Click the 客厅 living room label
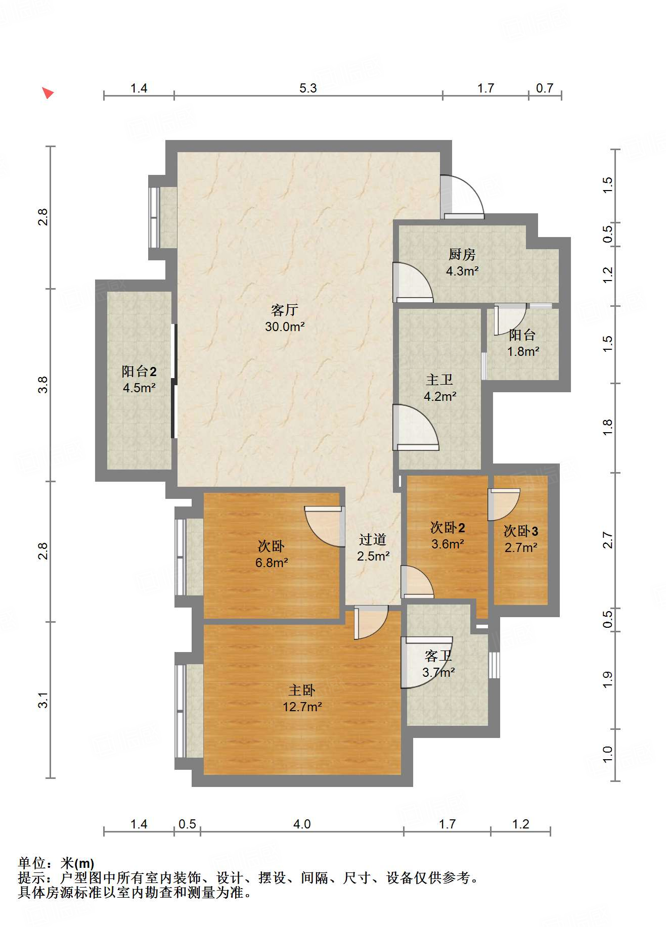pyautogui.click(x=284, y=309)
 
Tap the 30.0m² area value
pyautogui.click(x=285, y=327)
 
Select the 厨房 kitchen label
pyautogui.click(x=462, y=254)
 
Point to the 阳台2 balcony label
pyautogui.click(x=139, y=372)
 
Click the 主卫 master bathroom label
pyautogui.click(x=439, y=380)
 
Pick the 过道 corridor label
pyautogui.click(x=373, y=539)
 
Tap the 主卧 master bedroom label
pyautogui.click(x=302, y=690)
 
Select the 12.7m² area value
pyautogui.click(x=302, y=707)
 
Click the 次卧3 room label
pyautogui.click(x=521, y=531)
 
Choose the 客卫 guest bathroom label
pyautogui.click(x=438, y=656)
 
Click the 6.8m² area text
pyautogui.click(x=272, y=563)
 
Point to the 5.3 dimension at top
pyautogui.click(x=307, y=88)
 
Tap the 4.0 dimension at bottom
pyautogui.click(x=302, y=824)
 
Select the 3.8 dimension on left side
pyautogui.click(x=43, y=385)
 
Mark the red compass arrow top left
pyautogui.click(x=48, y=93)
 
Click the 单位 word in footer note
pyautogui.click(x=31, y=863)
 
